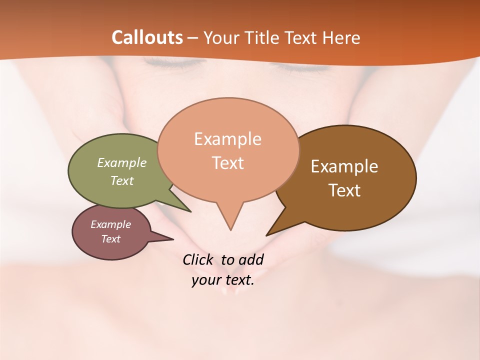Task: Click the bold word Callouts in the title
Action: pyautogui.click(x=147, y=37)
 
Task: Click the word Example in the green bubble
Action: pyautogui.click(x=122, y=162)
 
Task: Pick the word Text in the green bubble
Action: pyautogui.click(x=122, y=180)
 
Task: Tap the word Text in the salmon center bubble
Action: pyautogui.click(x=228, y=162)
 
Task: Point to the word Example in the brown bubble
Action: pyautogui.click(x=344, y=166)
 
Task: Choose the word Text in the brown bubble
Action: pyautogui.click(x=345, y=190)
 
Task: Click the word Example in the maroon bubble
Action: pyautogui.click(x=110, y=224)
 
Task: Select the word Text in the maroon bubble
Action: pyautogui.click(x=111, y=239)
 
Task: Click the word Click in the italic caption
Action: pyautogui.click(x=197, y=259)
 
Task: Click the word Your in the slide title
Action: pyautogui.click(x=220, y=38)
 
